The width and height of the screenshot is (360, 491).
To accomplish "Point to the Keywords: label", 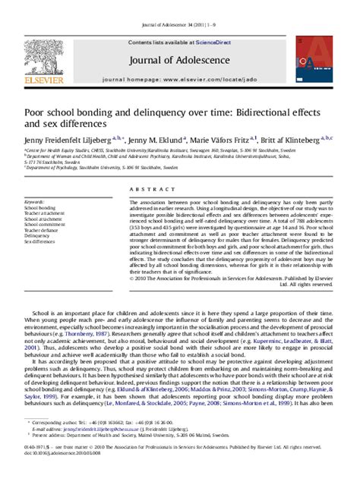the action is (x=35, y=202).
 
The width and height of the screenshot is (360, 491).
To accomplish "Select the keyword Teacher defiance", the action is (x=44, y=230).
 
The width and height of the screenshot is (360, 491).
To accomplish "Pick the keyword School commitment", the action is (x=46, y=225).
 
